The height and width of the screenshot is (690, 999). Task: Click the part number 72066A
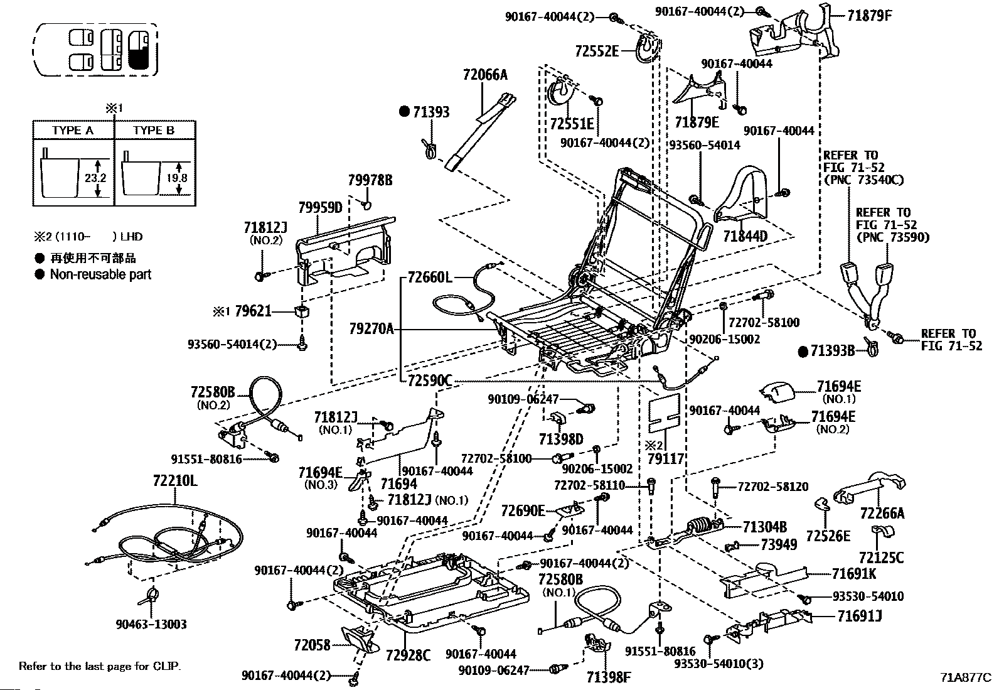coord(485,74)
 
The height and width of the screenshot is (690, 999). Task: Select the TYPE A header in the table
coord(73,131)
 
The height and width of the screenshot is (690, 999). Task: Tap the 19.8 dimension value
coord(177,178)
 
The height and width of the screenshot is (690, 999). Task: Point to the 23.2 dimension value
coord(96,178)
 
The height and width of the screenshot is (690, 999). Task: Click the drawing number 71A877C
coord(966,677)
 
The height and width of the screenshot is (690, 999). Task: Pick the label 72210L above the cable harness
coord(175,481)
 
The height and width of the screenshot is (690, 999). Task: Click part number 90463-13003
coord(151,624)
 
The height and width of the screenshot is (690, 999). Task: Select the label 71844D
coord(745,235)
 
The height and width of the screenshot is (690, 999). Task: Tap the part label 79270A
coord(371,329)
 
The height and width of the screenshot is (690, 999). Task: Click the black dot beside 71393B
coord(803,352)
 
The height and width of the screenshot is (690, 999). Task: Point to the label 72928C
coord(408,655)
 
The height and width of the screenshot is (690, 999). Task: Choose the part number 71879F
coord(870,16)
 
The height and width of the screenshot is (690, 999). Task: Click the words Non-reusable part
coord(101,274)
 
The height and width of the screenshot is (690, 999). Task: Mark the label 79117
coord(666,458)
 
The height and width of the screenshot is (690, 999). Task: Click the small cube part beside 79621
coord(302,311)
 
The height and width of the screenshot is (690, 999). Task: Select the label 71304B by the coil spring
coord(765,527)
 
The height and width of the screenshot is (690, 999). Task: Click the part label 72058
coord(313,645)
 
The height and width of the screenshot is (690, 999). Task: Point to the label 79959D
coord(320,208)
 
